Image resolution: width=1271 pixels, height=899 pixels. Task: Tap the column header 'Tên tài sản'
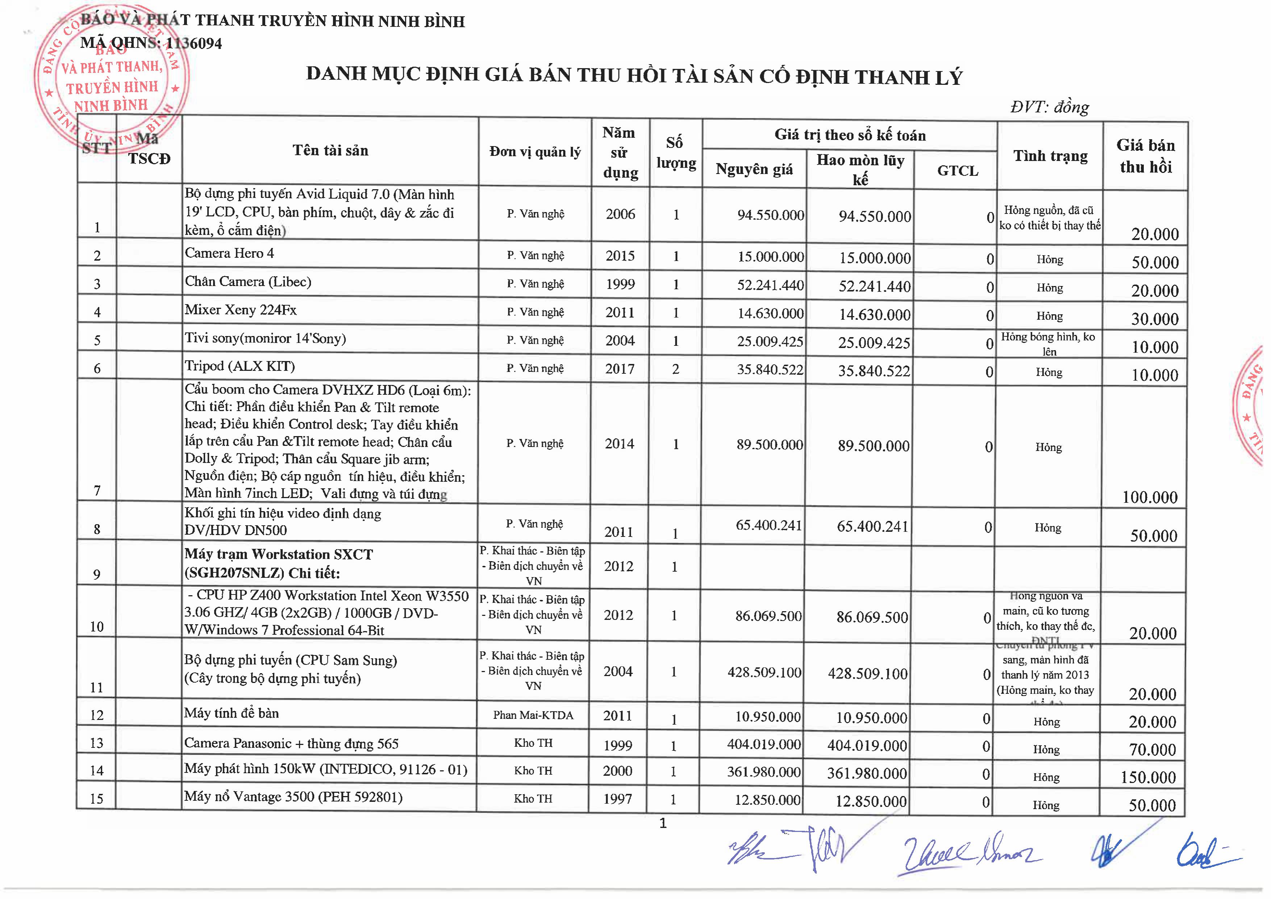[330, 151]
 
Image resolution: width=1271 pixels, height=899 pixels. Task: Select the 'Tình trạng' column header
[1050, 156]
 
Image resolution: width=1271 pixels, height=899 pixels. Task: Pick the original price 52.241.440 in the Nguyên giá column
[770, 285]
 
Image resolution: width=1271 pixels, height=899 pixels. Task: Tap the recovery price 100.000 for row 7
[1149, 497]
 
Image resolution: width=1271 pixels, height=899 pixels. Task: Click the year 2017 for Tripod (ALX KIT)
[620, 369]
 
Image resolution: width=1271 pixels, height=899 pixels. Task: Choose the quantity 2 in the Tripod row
[675, 369]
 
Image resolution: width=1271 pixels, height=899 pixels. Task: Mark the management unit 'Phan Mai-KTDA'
[533, 715]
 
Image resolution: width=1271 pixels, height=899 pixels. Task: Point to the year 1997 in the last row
[618, 799]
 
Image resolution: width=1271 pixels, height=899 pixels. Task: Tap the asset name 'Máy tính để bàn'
[232, 713]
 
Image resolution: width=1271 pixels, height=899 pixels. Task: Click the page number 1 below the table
[663, 824]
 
